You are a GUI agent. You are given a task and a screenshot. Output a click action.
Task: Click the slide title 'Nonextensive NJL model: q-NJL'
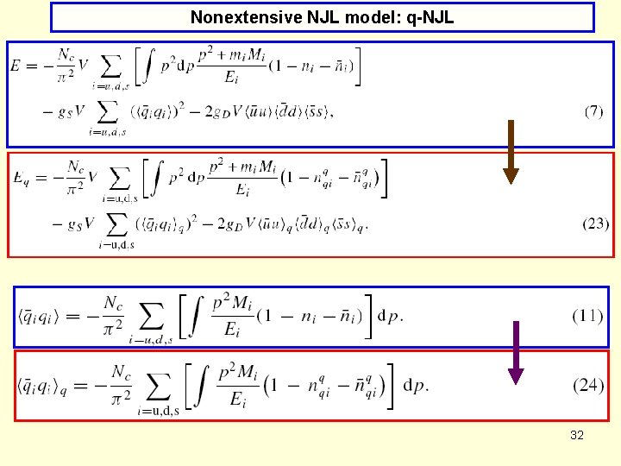(x=322, y=17)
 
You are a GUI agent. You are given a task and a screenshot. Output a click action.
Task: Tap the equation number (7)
(x=593, y=112)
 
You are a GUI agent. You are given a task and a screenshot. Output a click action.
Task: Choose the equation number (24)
(x=588, y=385)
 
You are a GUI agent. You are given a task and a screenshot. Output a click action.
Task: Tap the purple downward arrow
(x=516, y=351)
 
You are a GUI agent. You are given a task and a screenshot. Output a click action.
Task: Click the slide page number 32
(x=577, y=435)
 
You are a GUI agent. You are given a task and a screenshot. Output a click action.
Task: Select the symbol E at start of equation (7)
(x=16, y=66)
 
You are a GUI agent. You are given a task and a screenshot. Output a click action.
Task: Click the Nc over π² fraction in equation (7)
(x=66, y=65)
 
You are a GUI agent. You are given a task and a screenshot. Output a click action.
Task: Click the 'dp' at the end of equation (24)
(x=416, y=384)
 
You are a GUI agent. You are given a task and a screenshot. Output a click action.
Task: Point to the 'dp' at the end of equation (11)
(x=390, y=315)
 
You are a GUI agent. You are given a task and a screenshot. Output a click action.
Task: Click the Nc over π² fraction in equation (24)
(x=121, y=384)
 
